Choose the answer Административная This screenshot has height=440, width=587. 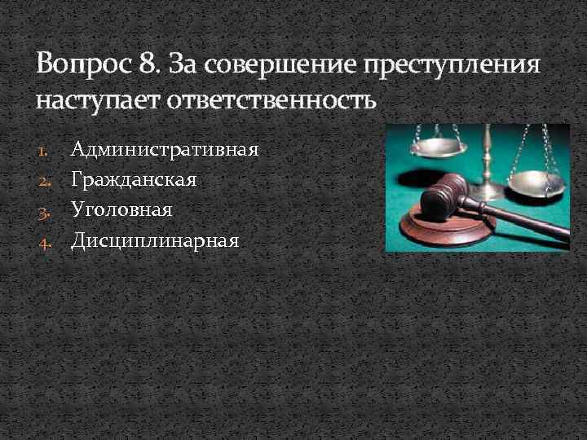click(x=166, y=149)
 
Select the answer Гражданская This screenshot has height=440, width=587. click(x=134, y=179)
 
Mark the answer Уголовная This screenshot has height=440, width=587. click(x=122, y=209)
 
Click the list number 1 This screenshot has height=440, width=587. click(x=45, y=150)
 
